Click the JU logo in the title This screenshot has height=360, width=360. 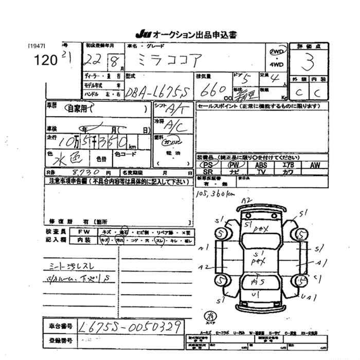(141, 34)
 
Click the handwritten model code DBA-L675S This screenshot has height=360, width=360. (154, 93)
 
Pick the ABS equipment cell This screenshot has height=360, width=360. (261, 165)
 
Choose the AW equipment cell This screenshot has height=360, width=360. (315, 165)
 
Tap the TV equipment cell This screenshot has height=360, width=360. (261, 172)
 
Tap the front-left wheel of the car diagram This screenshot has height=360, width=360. (222, 235)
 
